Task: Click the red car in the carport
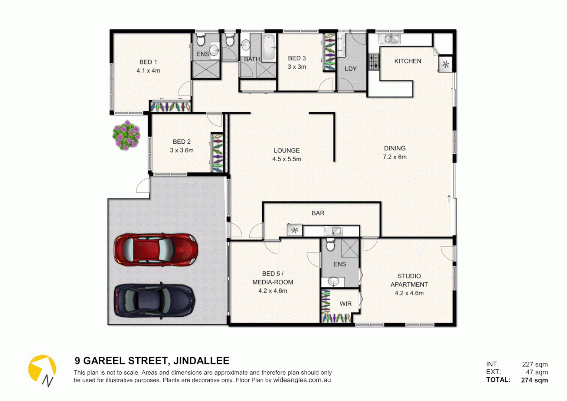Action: coord(155,250)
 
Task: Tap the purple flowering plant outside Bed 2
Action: coord(126,135)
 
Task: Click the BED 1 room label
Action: coord(148,62)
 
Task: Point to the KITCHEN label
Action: coord(407,61)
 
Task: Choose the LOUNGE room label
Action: coord(286,151)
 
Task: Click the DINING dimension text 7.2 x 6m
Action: coord(394,157)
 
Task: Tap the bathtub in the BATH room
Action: coord(269,48)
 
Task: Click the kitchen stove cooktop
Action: coord(374,62)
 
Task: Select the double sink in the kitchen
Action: coord(389,39)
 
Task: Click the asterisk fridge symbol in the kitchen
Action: coord(446,65)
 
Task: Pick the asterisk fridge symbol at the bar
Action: coord(295,231)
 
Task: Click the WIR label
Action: coord(345,304)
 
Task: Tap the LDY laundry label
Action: coord(350,69)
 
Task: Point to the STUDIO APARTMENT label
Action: coord(409,280)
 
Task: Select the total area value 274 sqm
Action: coord(534,380)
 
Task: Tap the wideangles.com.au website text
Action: coord(302,380)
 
